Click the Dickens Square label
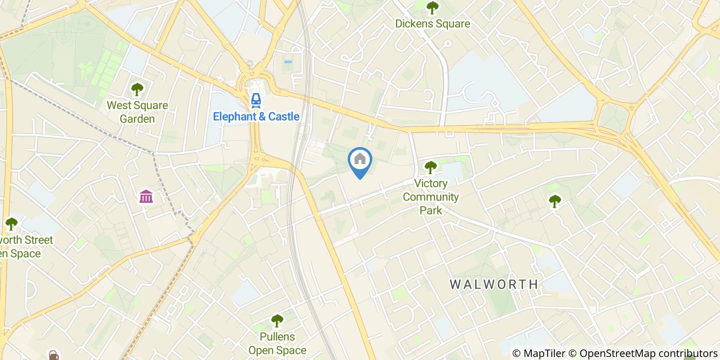point(432,24)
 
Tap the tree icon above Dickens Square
point(432,8)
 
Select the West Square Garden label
point(137,112)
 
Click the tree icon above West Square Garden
point(137,90)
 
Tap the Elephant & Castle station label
point(256,117)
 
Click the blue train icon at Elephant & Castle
point(256,100)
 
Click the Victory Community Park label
point(430,197)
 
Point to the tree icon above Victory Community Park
point(430,167)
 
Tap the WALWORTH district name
point(494,284)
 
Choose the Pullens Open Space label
point(277,344)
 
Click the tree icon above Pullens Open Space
point(277,321)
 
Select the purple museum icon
point(146,196)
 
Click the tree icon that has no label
point(554,201)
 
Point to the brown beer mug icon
point(53,355)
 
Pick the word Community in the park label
point(430,197)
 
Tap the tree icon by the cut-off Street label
point(11,224)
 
